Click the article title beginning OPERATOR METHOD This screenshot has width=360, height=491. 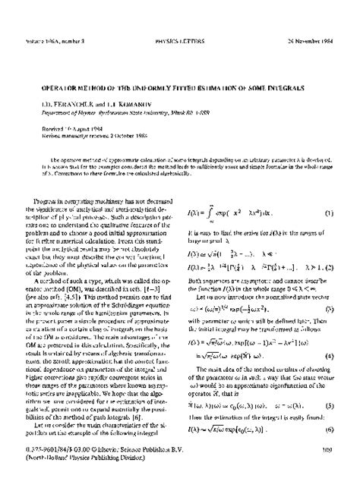point(180,88)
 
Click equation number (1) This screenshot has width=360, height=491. point(330,213)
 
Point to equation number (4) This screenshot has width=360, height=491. point(330,357)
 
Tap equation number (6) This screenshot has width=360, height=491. point(330,430)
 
